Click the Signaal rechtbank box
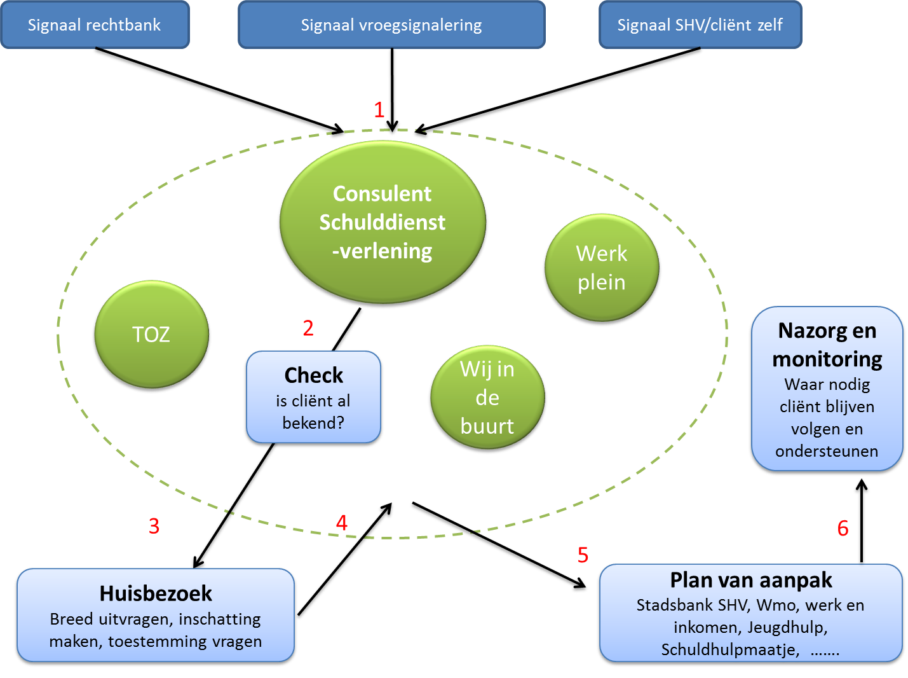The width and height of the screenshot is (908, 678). click(95, 25)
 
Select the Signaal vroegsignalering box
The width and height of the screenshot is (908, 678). click(391, 25)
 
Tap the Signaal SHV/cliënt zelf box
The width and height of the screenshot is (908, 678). click(700, 25)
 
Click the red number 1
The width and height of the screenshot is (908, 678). click(379, 110)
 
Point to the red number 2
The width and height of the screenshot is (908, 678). click(308, 328)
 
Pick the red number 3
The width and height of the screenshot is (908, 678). click(154, 526)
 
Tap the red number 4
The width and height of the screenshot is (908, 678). click(342, 523)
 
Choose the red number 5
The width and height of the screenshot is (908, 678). click(583, 555)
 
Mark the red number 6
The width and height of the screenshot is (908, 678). click(843, 528)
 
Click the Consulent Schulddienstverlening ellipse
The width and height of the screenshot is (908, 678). click(383, 222)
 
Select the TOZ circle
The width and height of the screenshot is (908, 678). click(151, 335)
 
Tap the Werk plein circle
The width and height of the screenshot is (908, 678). click(601, 268)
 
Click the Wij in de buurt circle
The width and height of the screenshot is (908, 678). click(487, 398)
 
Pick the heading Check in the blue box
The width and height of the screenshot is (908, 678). click(314, 375)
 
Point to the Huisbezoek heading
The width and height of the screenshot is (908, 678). click(156, 593)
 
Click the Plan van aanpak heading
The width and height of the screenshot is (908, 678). click(751, 580)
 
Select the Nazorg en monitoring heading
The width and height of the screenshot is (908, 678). click(827, 345)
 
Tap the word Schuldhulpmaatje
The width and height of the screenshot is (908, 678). click(729, 649)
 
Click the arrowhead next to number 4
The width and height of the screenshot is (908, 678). click(387, 508)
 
